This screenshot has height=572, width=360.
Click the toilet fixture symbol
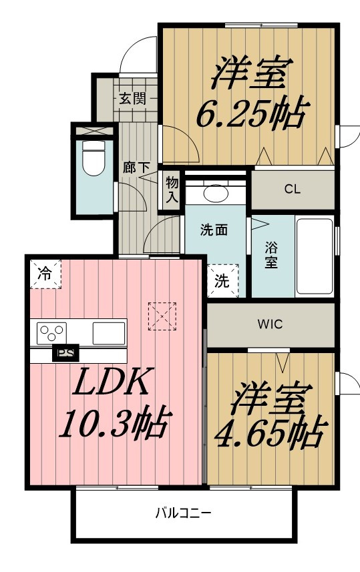94,158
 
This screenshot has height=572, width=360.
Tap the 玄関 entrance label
133,98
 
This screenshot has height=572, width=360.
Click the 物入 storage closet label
172,190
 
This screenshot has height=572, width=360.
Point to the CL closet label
293,189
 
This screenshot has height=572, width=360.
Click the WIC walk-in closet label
270,324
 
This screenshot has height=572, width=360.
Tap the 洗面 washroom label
214,230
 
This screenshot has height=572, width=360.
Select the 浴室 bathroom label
271,255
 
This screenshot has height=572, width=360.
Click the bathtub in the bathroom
315,256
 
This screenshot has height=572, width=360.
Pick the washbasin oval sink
216,193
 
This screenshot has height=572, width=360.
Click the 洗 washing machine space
222,280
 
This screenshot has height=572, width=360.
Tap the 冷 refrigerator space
45,274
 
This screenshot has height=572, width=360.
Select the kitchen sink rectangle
109,333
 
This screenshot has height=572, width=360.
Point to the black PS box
65,353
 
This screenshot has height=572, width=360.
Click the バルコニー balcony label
183,513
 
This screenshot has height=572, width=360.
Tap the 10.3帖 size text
115,425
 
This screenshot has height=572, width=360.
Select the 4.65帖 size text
269,433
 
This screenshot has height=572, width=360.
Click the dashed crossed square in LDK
162,316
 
